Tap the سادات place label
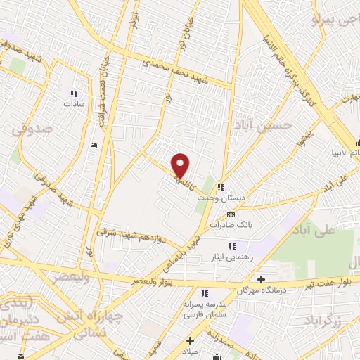pos(74,103)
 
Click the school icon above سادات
pos(74,93)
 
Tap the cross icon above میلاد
pos(190,340)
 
